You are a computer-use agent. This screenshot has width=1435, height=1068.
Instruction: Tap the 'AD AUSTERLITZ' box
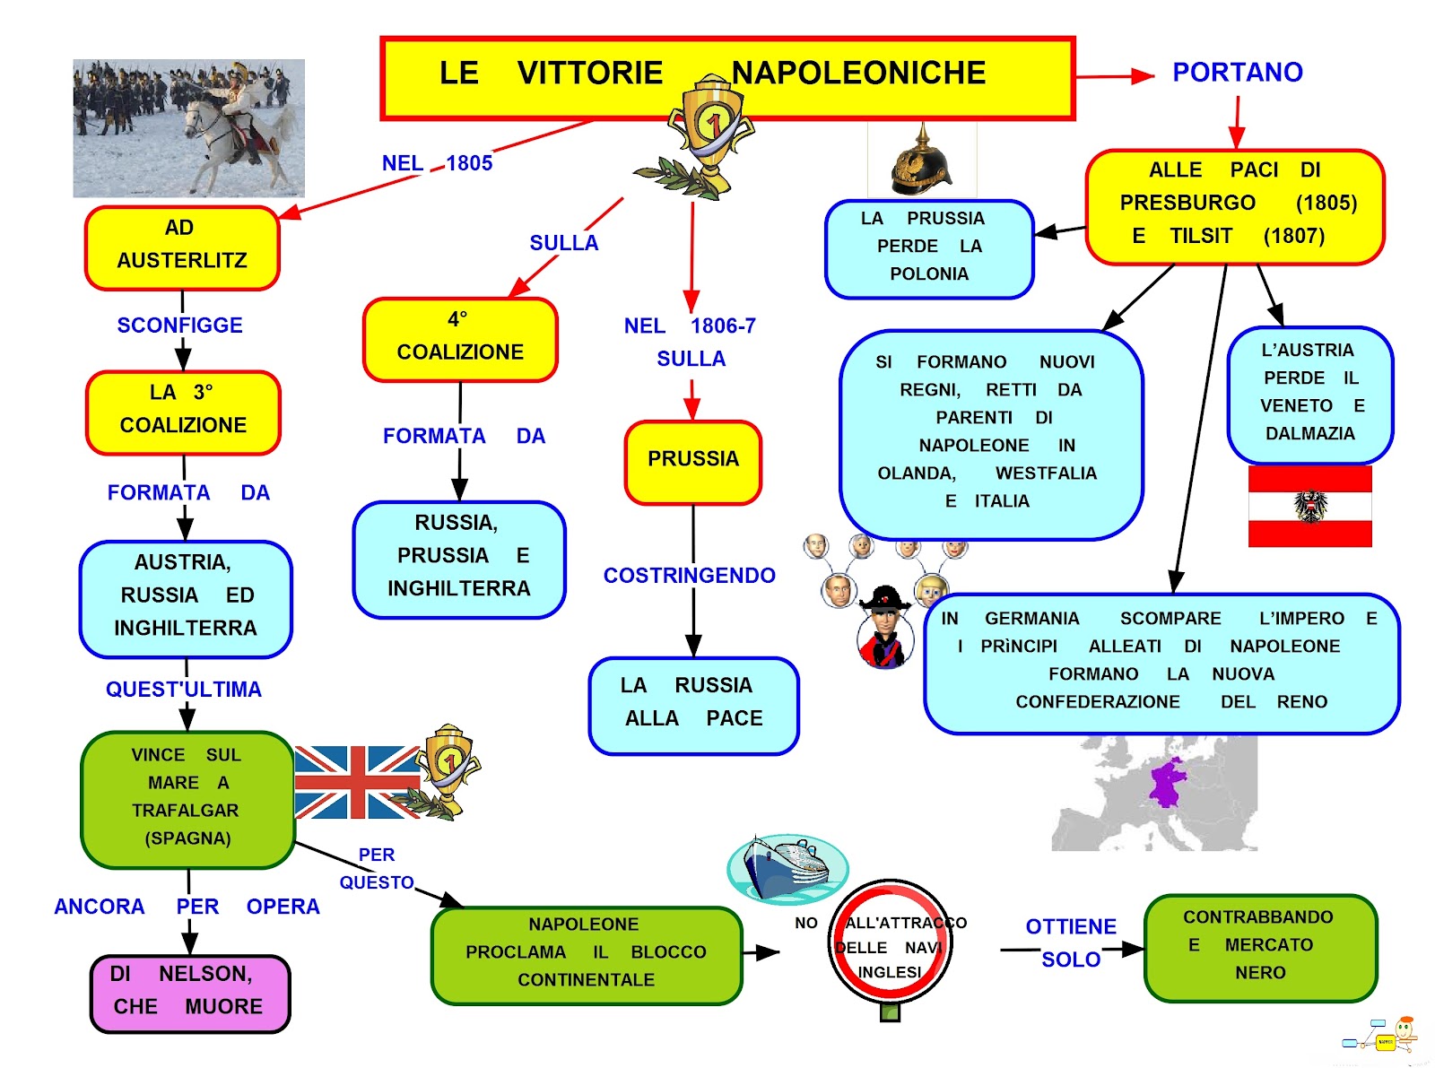coord(182,247)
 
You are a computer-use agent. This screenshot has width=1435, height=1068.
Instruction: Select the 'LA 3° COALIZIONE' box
coord(183,412)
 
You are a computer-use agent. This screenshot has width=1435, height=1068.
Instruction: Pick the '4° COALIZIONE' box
coord(460,339)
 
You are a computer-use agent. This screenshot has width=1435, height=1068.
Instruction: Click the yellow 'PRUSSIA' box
coord(693,461)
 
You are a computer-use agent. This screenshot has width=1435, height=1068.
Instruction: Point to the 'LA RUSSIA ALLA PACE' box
coord(693,705)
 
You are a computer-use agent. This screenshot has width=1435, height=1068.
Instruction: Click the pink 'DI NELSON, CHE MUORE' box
coord(189,993)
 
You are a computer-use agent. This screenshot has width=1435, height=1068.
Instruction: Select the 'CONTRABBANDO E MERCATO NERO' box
coord(1260,947)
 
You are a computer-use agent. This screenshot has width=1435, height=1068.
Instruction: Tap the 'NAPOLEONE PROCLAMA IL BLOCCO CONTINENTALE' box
coord(587,954)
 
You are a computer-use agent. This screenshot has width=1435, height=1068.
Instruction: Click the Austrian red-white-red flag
coord(1309,506)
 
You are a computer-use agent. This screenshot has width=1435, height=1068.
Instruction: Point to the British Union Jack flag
coord(356,782)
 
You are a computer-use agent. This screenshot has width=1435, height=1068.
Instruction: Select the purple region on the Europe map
coord(1168,782)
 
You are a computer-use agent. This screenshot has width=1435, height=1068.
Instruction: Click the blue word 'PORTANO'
coord(1238,73)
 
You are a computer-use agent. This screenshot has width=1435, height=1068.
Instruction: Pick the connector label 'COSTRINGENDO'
coord(689,576)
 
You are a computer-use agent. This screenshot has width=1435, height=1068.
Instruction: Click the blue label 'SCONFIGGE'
coord(179,326)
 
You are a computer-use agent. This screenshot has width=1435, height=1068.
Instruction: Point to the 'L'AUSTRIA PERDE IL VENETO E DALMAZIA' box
coord(1309,393)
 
